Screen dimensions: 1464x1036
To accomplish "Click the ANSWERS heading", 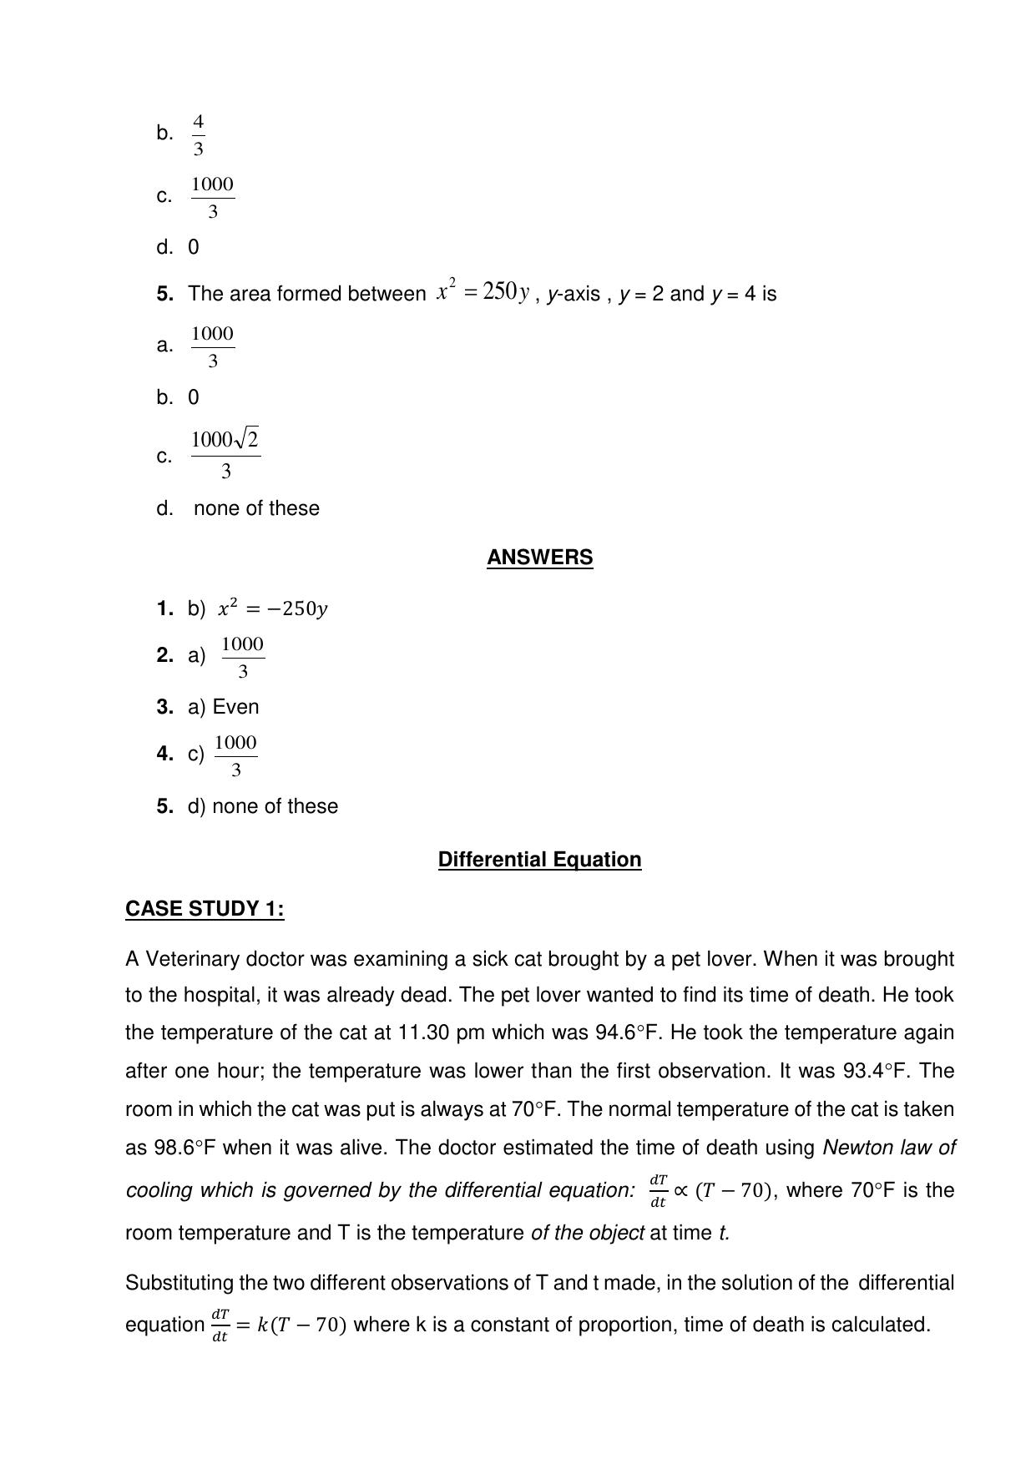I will click(x=539, y=558).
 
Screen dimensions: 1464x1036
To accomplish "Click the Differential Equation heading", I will click(x=539, y=860).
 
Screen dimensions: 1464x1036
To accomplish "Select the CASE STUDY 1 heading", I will click(x=205, y=909).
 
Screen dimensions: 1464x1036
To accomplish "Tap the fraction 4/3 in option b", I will click(x=198, y=135).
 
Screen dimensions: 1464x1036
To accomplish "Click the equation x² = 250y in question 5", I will click(x=483, y=292).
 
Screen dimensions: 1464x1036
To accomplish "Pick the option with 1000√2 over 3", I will click(x=225, y=455).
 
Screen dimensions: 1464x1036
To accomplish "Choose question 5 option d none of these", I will click(x=255, y=508).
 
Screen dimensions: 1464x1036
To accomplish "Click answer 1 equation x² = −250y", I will click(x=272, y=609).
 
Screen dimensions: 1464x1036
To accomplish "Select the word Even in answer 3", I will click(x=236, y=707).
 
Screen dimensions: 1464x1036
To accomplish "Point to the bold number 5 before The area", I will click(x=164, y=294).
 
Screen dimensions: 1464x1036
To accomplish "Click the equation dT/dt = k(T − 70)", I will click(x=278, y=1325).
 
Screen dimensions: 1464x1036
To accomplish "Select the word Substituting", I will click(x=179, y=1283).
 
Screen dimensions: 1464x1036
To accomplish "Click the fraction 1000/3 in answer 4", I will click(x=235, y=755).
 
